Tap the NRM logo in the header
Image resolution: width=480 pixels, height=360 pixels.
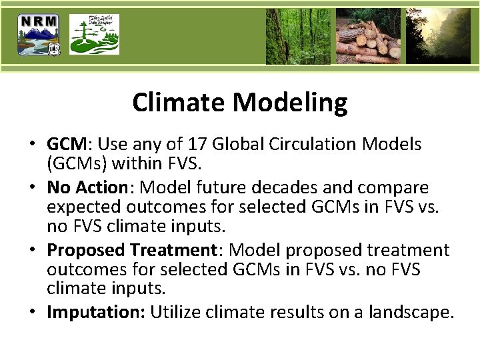pos(39,35)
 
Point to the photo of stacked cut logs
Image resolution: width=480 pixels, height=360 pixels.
pos(368,36)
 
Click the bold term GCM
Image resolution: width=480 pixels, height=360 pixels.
pos(67,145)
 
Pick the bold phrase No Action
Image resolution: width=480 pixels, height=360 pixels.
pos(87,187)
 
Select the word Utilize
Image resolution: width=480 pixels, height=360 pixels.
pos(174,312)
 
